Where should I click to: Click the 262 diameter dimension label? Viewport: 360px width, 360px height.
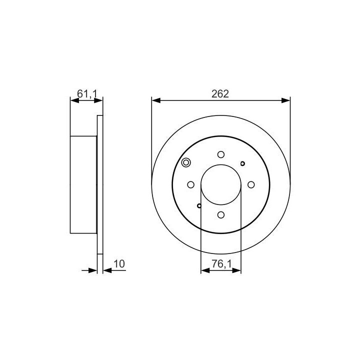220,94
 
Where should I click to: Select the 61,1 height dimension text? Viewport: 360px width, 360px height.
87,94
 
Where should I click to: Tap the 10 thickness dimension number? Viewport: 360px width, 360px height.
119,264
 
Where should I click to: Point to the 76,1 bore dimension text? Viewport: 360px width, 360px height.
221,264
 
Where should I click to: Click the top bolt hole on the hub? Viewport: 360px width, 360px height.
221,154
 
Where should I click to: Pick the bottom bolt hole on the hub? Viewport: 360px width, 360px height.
221,215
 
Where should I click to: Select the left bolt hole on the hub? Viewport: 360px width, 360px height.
191,184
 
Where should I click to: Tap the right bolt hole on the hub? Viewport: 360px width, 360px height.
251,184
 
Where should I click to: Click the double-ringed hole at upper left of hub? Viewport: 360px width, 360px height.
186,162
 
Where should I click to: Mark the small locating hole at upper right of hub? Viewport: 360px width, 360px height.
242,163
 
